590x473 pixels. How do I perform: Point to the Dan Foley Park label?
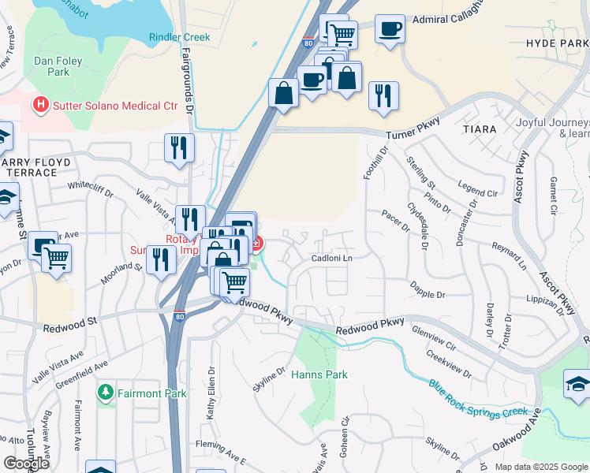(51, 66)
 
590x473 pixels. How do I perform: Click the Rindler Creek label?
(180, 37)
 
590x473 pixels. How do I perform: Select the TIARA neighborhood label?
(480, 128)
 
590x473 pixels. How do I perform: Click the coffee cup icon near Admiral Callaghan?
(389, 30)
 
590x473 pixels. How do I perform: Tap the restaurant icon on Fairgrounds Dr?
(179, 147)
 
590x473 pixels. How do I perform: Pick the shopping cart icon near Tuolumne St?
(56, 257)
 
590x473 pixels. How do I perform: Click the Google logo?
(26, 464)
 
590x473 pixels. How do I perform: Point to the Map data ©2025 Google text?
(540, 467)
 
